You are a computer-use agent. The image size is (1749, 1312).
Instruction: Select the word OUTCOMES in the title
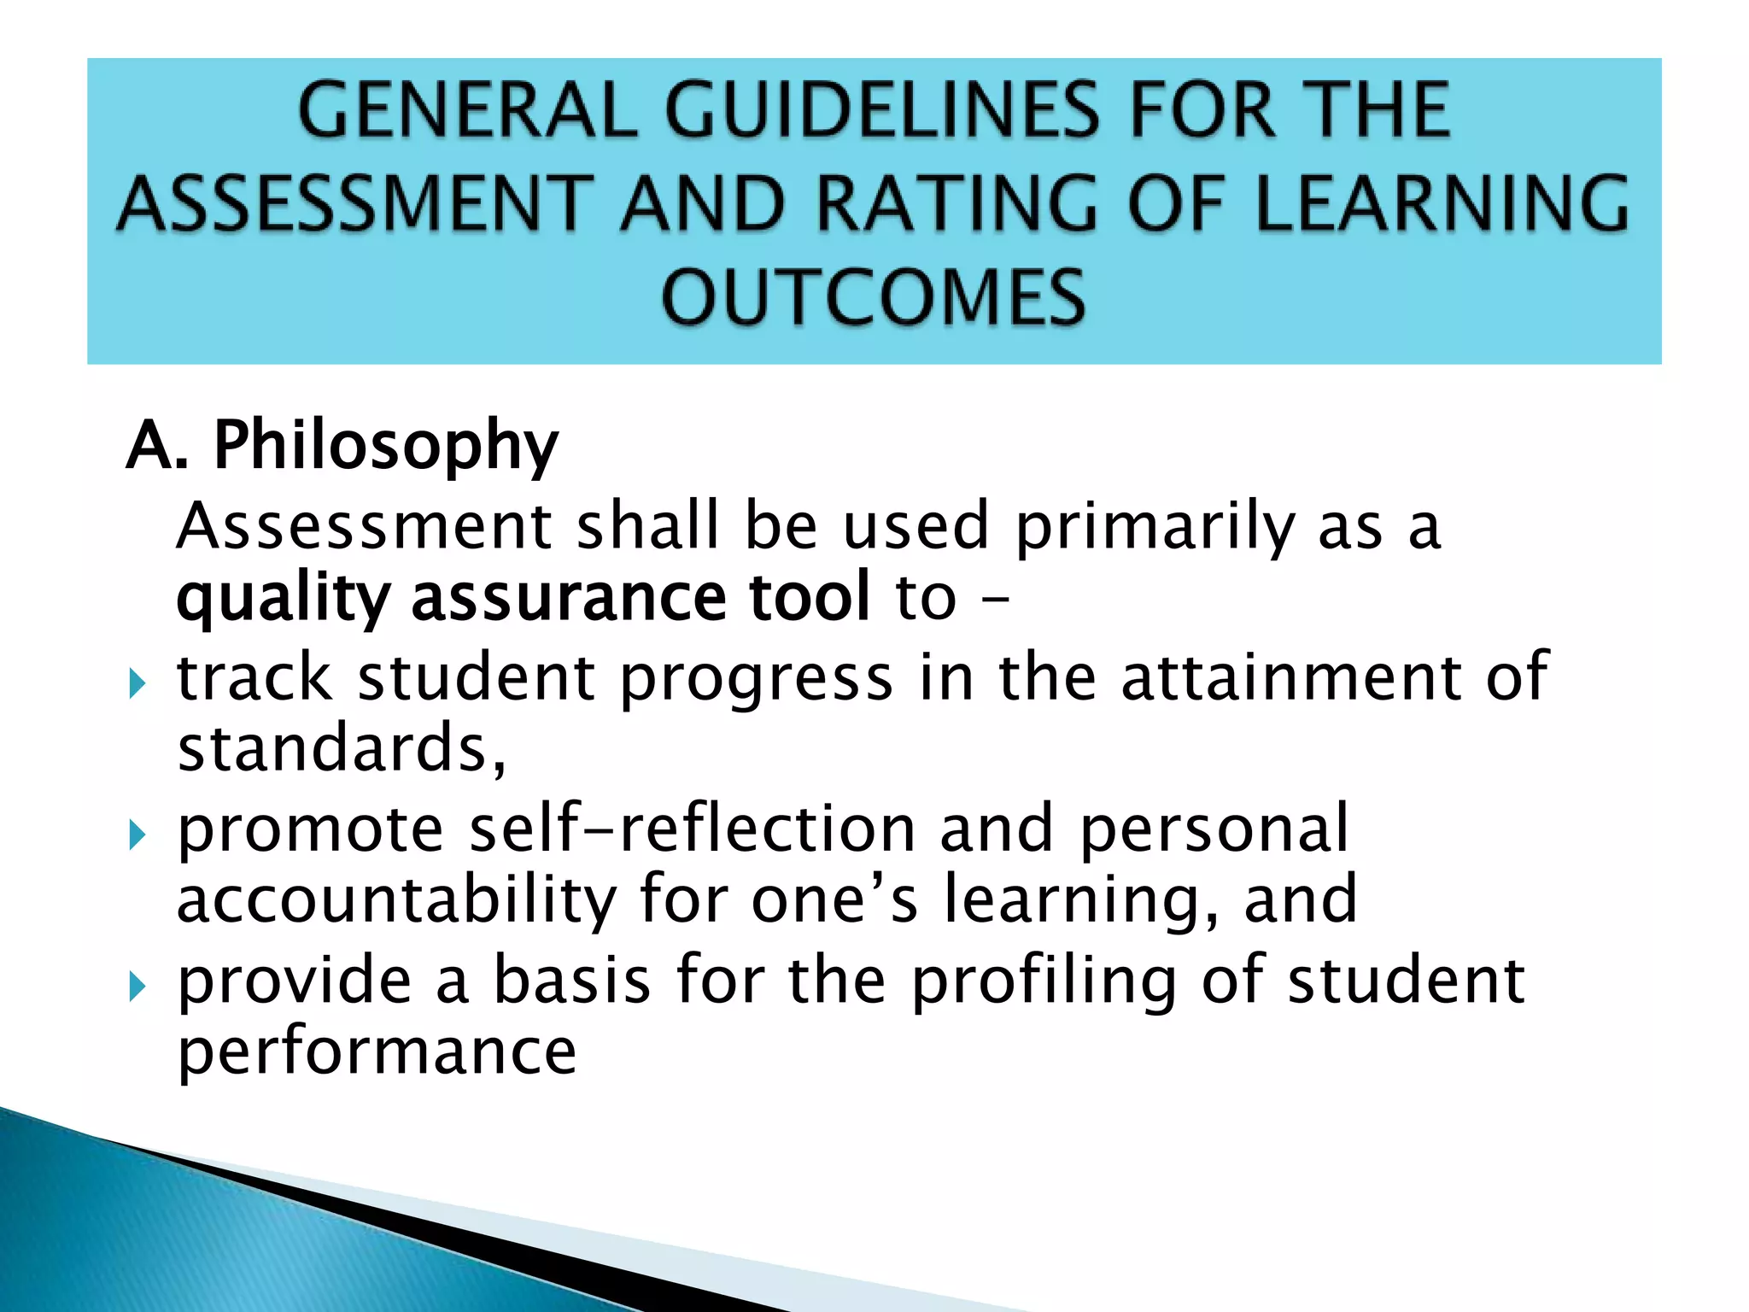(x=874, y=297)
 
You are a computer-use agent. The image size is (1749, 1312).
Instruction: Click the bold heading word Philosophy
(x=385, y=446)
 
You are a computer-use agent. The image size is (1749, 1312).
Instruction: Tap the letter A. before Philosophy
(x=156, y=446)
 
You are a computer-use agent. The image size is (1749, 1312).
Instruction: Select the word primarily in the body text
(x=1154, y=527)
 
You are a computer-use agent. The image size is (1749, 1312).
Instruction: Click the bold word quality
(x=283, y=599)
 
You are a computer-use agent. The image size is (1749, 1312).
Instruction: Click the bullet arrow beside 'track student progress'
(x=137, y=683)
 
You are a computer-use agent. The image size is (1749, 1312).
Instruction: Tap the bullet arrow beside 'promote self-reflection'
(x=137, y=835)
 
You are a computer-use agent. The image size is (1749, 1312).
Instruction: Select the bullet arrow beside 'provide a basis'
(x=137, y=987)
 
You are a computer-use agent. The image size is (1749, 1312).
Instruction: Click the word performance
(x=377, y=1052)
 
